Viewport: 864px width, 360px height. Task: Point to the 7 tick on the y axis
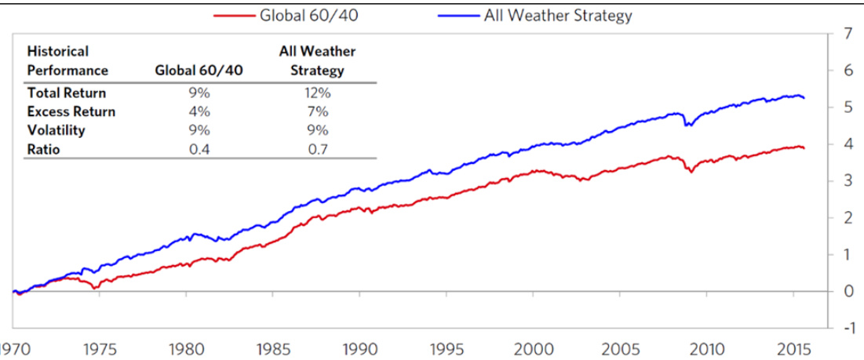click(x=846, y=35)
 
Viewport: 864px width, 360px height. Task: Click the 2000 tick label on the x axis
click(x=534, y=347)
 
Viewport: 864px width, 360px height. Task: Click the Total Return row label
click(x=67, y=93)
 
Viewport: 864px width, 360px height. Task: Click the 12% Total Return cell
click(x=317, y=93)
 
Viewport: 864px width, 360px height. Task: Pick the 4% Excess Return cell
click(x=199, y=111)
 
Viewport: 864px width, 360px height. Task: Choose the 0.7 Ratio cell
click(x=317, y=148)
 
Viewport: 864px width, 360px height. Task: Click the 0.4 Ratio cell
click(x=199, y=148)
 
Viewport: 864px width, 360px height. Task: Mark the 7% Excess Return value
click(x=317, y=111)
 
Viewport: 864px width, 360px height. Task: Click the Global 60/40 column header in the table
click(x=199, y=71)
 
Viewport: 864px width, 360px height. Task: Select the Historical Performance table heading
click(x=67, y=61)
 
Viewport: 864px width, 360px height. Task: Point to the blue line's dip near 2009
click(x=687, y=125)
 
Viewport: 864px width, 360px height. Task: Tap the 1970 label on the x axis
click(x=14, y=347)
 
